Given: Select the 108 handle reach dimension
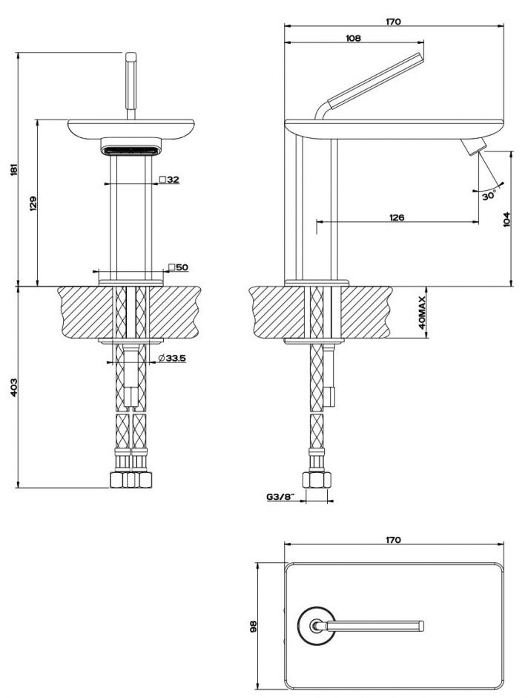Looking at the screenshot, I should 353,39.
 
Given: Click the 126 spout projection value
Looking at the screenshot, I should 396,217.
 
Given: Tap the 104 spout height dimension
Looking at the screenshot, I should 506,218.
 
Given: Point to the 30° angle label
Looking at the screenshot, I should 488,196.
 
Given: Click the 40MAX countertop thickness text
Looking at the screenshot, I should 420,313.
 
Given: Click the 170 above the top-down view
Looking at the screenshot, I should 393,540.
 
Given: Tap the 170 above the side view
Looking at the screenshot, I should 393,22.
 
